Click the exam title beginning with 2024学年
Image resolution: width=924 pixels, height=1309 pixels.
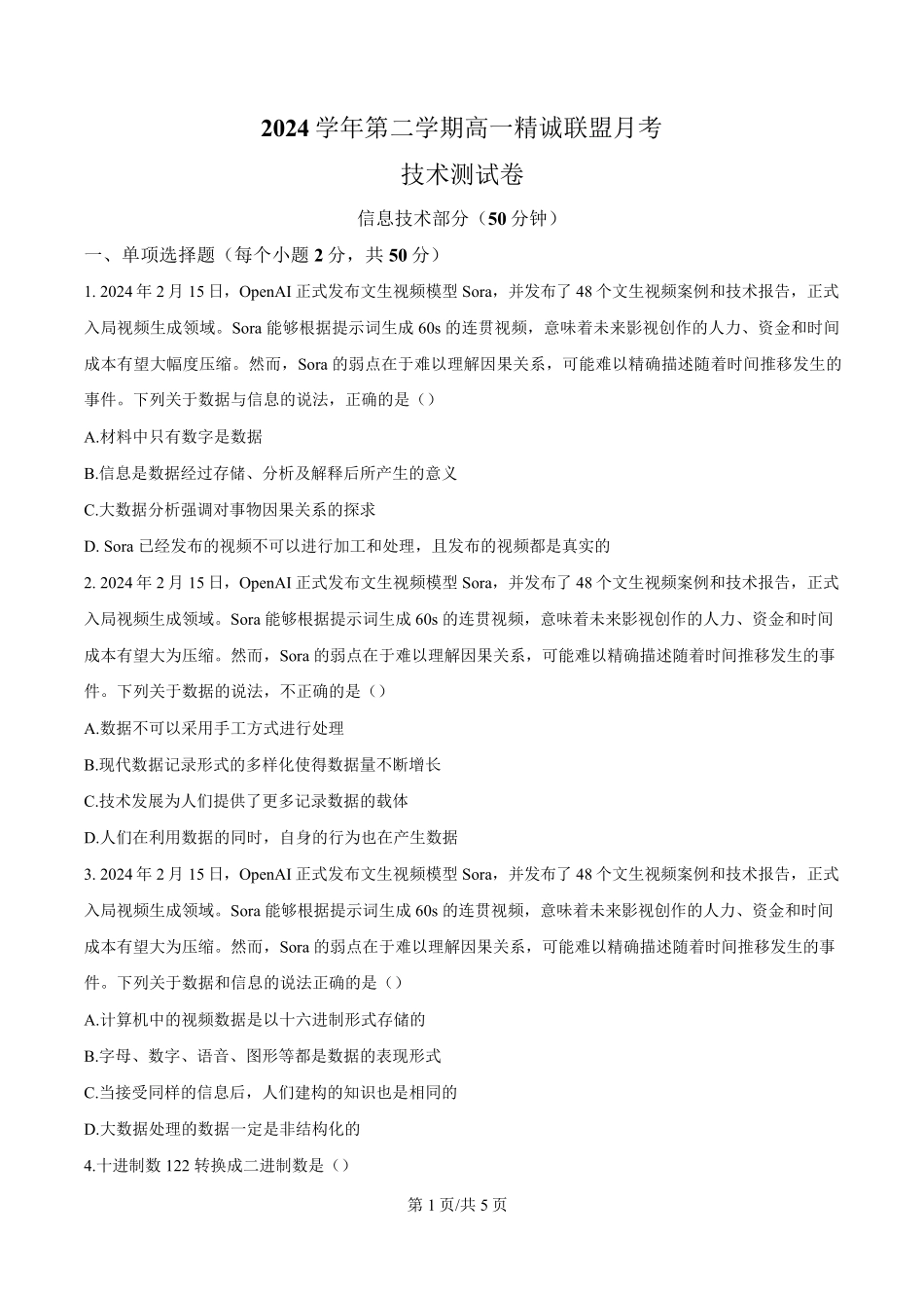[x=461, y=127]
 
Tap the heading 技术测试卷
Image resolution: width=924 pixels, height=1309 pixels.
[x=462, y=174]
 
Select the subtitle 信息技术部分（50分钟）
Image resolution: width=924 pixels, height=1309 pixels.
[x=461, y=219]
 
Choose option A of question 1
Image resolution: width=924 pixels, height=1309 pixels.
[x=174, y=437]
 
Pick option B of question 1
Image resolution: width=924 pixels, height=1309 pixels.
[x=271, y=473]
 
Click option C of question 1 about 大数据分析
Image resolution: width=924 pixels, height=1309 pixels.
[x=231, y=510]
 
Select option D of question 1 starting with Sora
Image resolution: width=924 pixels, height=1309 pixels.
[x=347, y=546]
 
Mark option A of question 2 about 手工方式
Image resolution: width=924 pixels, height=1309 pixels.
[x=215, y=728]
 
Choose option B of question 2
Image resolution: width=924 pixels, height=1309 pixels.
[x=264, y=764]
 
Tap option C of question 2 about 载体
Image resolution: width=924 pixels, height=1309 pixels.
[x=247, y=801]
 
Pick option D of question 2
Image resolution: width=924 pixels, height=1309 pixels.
[x=271, y=837]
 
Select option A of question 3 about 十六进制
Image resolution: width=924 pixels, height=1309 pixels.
[x=256, y=1019]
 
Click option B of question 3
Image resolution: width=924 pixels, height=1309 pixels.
[x=264, y=1056]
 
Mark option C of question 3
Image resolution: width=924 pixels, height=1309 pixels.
[x=271, y=1092]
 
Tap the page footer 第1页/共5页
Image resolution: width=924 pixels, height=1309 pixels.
[x=461, y=1204]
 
